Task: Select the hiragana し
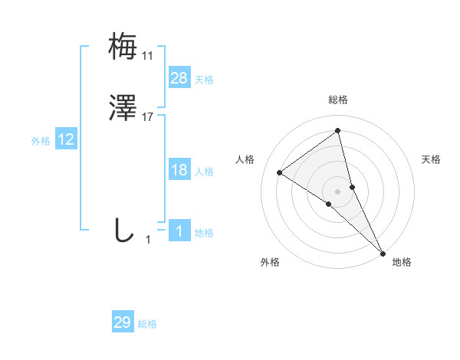click(123, 230)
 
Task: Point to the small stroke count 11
click(147, 56)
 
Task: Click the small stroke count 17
click(149, 118)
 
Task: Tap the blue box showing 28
click(179, 77)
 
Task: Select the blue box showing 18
click(179, 170)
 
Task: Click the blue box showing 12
click(66, 139)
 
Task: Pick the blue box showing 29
click(123, 322)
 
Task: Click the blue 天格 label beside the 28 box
click(204, 80)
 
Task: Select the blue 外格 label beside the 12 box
click(41, 141)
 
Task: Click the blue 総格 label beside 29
click(147, 324)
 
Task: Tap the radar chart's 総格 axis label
click(338, 100)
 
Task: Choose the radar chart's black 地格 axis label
click(402, 263)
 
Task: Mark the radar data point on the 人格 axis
click(280, 172)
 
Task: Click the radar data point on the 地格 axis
click(383, 252)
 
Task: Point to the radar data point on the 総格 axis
click(338, 131)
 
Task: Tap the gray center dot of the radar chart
click(338, 191)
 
